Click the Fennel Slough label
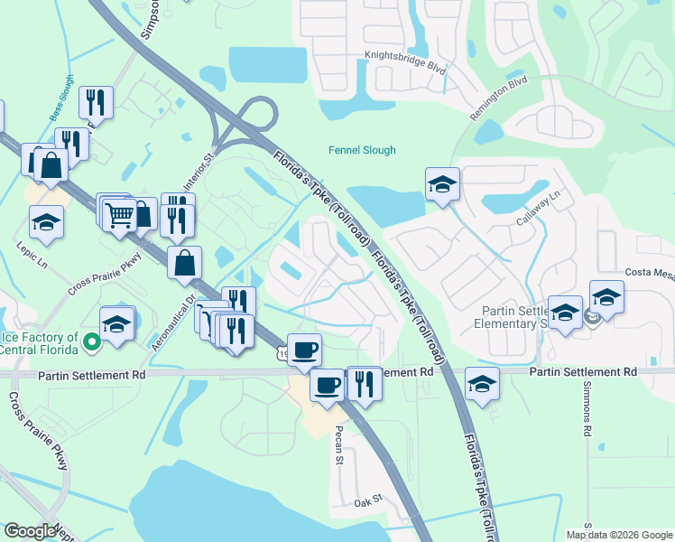tap(361, 151)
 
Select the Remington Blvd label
tap(498, 98)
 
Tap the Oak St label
tap(368, 500)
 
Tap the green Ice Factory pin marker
tap(91, 342)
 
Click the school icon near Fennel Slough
tap(442, 185)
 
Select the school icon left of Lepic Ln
tap(46, 221)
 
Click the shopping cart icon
tap(119, 214)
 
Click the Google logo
tap(30, 531)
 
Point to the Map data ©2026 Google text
tap(618, 535)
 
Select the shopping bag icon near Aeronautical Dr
tap(184, 263)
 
